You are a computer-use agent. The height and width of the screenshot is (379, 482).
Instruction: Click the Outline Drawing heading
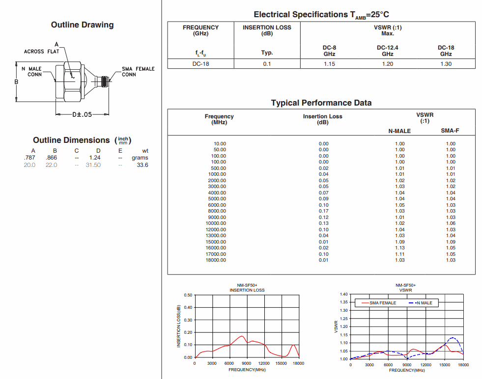pyautogui.click(x=82, y=25)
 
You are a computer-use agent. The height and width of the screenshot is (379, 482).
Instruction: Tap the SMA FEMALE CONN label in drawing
pyautogui.click(x=138, y=72)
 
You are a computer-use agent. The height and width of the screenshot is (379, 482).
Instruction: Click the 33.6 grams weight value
pyautogui.click(x=142, y=165)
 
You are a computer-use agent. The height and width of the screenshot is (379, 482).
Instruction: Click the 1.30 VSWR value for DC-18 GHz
pyautogui.click(x=446, y=64)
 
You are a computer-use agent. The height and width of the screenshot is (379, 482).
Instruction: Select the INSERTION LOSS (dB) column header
pyautogui.click(x=267, y=30)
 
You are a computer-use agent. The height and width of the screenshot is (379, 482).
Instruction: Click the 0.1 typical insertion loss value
pyautogui.click(x=267, y=64)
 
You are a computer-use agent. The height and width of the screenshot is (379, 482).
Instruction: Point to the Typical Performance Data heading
pyautogui.click(x=321, y=103)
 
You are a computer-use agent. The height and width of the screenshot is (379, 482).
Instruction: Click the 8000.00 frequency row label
pyautogui.click(x=217, y=211)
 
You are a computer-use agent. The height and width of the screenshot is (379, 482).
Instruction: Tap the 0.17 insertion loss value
pyautogui.click(x=323, y=211)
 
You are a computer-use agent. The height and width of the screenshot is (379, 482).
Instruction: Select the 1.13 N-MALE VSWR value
pyautogui.click(x=399, y=248)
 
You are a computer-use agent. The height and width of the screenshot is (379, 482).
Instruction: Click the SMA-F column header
pyautogui.click(x=450, y=131)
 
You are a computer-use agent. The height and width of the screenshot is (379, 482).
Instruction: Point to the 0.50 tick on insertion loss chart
pyautogui.click(x=188, y=295)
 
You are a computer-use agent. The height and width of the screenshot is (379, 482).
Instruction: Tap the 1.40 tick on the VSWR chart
pyautogui.click(x=343, y=294)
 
